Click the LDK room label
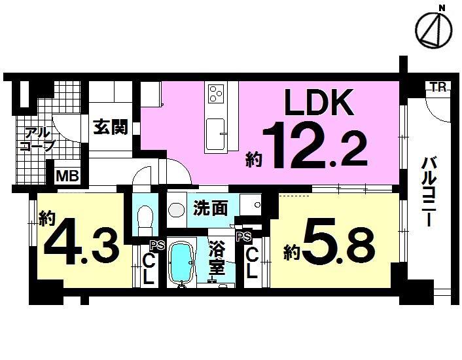319,104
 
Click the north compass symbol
433,29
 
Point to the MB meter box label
67,175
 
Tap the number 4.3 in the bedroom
81,244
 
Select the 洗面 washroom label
211,208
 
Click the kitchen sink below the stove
216,134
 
